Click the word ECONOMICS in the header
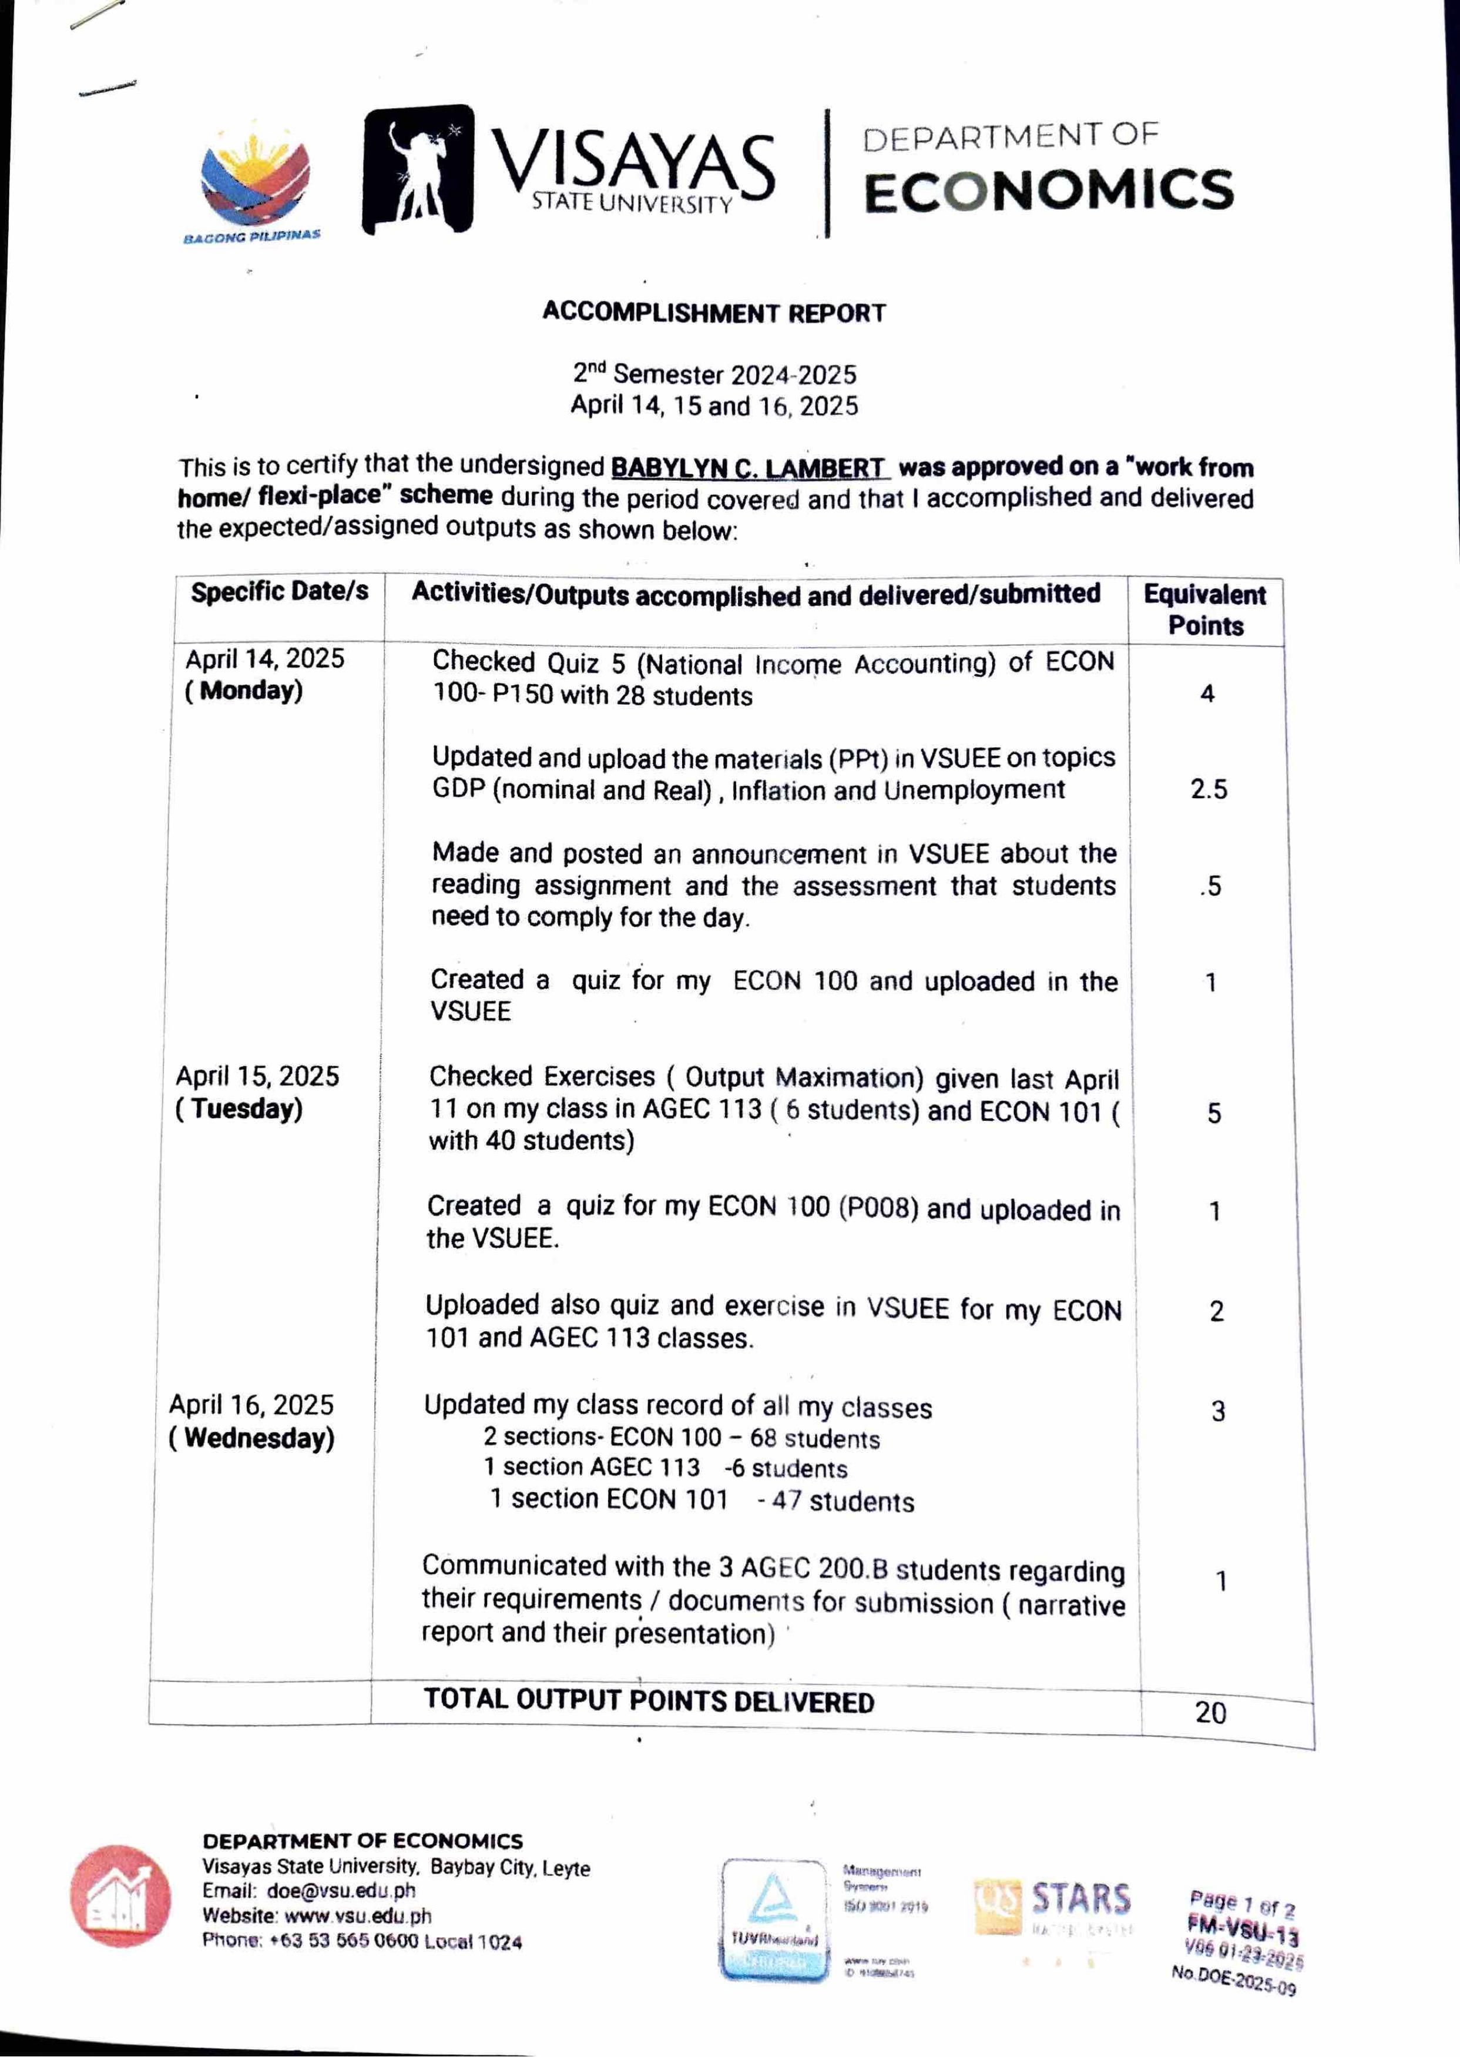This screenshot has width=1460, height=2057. click(1048, 190)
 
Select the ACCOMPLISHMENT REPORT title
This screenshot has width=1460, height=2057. click(714, 313)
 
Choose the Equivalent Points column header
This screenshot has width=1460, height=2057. click(1204, 611)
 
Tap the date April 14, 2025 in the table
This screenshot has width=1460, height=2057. click(265, 659)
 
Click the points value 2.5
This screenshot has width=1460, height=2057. click(1209, 789)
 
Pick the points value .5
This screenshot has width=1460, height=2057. click(1210, 886)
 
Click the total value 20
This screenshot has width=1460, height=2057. click(1210, 1713)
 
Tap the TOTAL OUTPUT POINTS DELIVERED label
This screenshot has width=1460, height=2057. click(648, 1700)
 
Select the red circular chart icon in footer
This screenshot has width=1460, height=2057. click(120, 1897)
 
